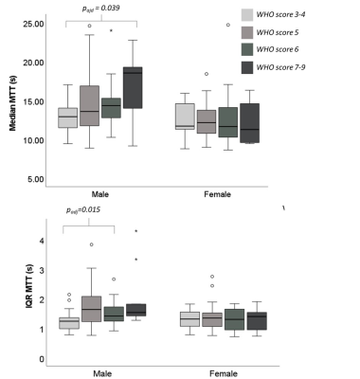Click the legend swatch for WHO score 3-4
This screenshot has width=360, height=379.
[247, 14]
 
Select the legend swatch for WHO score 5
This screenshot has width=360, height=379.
[247, 32]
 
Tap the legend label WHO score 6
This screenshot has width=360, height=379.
[278, 49]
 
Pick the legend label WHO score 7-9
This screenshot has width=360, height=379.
[280, 67]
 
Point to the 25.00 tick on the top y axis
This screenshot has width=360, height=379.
[33, 24]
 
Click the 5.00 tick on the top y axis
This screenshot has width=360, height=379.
[35, 179]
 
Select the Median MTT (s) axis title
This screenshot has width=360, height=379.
[12, 103]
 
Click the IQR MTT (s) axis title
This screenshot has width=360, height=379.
[28, 286]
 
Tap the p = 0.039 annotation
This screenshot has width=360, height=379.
[100, 8]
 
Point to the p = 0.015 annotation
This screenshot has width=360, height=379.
[83, 210]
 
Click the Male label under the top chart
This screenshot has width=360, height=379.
[100, 194]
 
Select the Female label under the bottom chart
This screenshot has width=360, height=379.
[224, 373]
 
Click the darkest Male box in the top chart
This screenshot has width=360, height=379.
[133, 88]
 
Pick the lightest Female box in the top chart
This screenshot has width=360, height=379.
[185, 117]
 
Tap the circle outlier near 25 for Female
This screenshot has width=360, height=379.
[228, 25]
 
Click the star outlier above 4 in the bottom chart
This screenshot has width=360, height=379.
[136, 231]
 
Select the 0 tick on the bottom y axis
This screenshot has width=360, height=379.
[42, 359]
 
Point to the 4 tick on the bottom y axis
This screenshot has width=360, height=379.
[42, 241]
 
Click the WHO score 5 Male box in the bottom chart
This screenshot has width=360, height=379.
[92, 309]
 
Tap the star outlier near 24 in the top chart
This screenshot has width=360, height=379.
[111, 30]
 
